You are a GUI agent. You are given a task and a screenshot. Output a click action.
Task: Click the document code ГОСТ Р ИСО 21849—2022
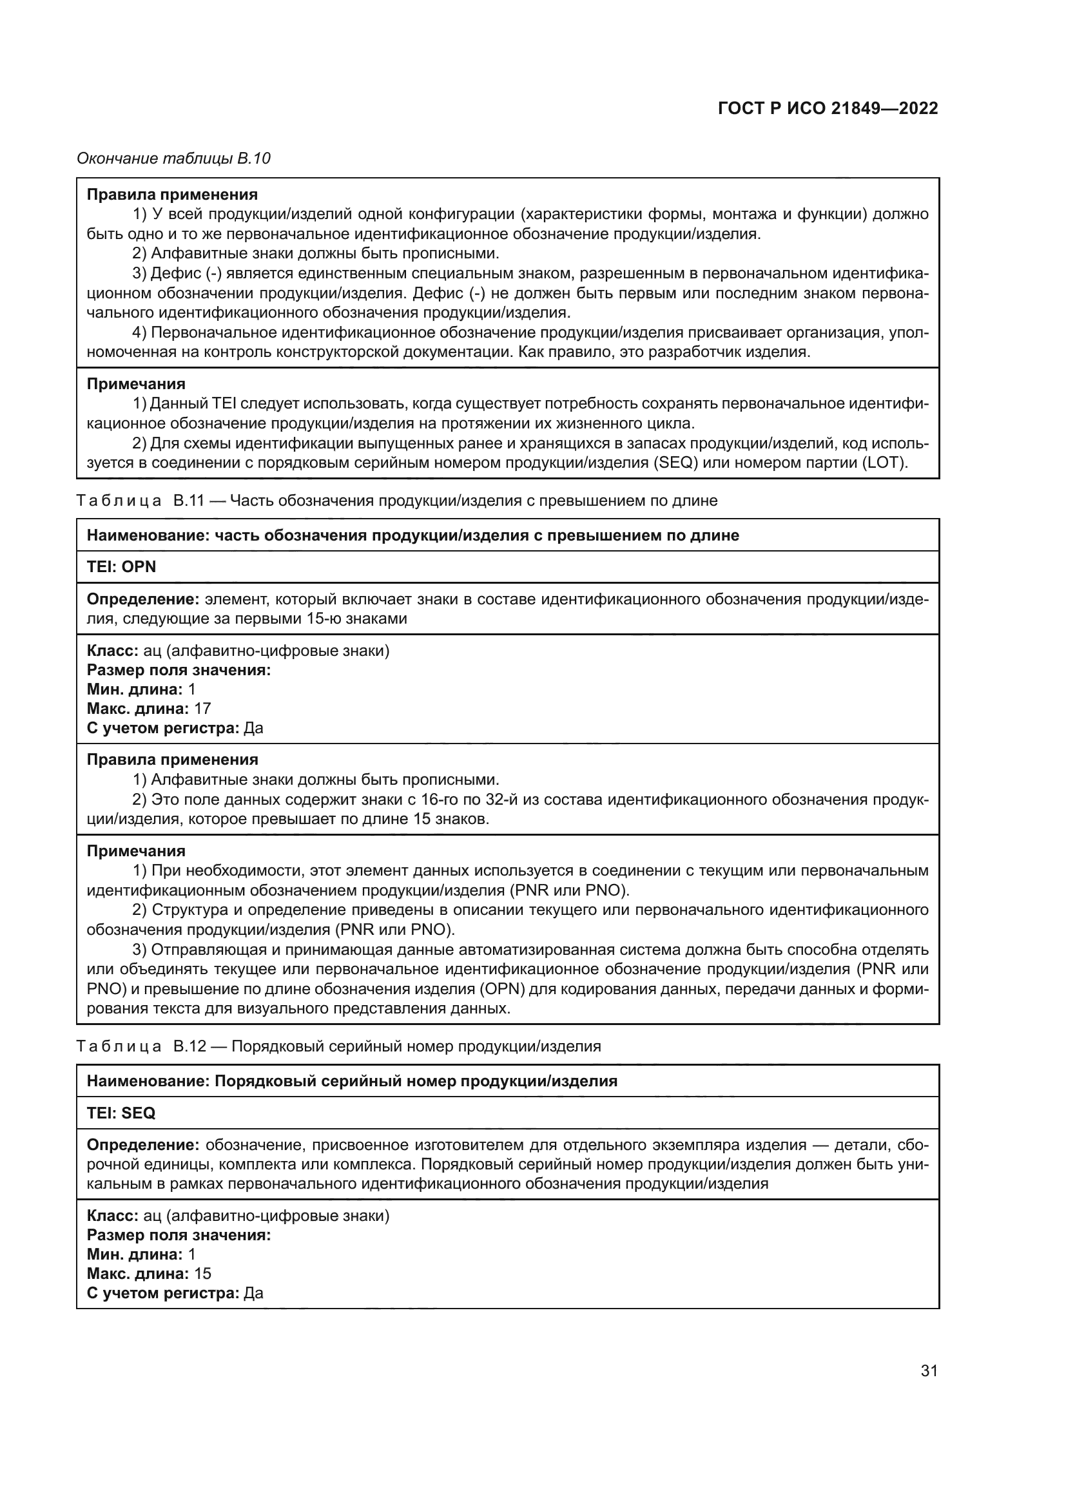pyautogui.click(x=828, y=109)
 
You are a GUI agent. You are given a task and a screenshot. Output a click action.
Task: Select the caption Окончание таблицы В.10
pyautogui.click(x=173, y=158)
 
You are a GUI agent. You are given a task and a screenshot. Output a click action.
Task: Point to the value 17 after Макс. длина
pyautogui.click(x=202, y=708)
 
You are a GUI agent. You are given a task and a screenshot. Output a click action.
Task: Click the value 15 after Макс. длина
pyautogui.click(x=202, y=1273)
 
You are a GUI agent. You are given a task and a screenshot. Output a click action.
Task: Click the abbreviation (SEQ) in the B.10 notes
pyautogui.click(x=672, y=462)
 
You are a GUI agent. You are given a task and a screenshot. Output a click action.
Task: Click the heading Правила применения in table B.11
pyautogui.click(x=173, y=760)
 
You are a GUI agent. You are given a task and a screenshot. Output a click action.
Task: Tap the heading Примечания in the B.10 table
pyautogui.click(x=136, y=383)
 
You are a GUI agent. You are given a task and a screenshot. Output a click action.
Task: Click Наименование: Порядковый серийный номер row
pyautogui.click(x=352, y=1080)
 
